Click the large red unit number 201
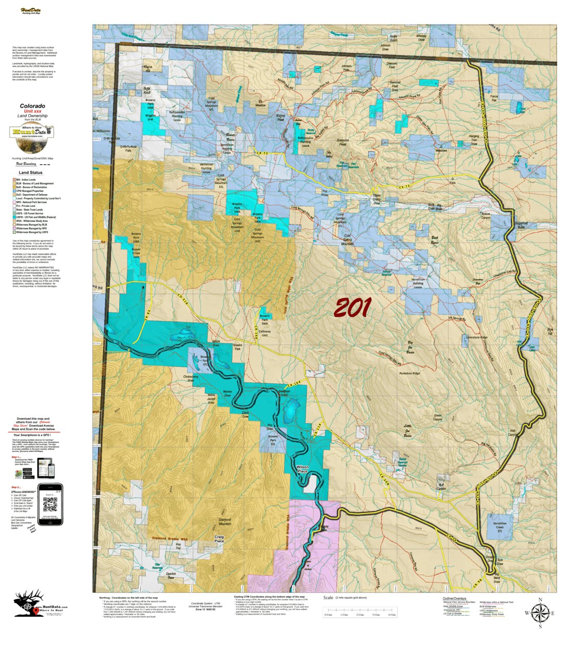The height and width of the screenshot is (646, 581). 352,308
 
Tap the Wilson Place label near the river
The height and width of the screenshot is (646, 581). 302,469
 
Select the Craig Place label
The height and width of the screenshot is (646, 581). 219,539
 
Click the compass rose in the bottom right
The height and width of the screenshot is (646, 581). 540,613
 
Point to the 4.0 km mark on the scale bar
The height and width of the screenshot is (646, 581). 392,615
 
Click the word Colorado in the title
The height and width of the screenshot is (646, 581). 32,106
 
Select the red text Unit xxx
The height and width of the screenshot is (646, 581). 32,111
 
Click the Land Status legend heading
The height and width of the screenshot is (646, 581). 31,173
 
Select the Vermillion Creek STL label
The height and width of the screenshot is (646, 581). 499,527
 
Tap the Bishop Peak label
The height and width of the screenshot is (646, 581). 280,118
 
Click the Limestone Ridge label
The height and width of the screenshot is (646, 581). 476,337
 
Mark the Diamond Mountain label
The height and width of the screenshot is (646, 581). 225,522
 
